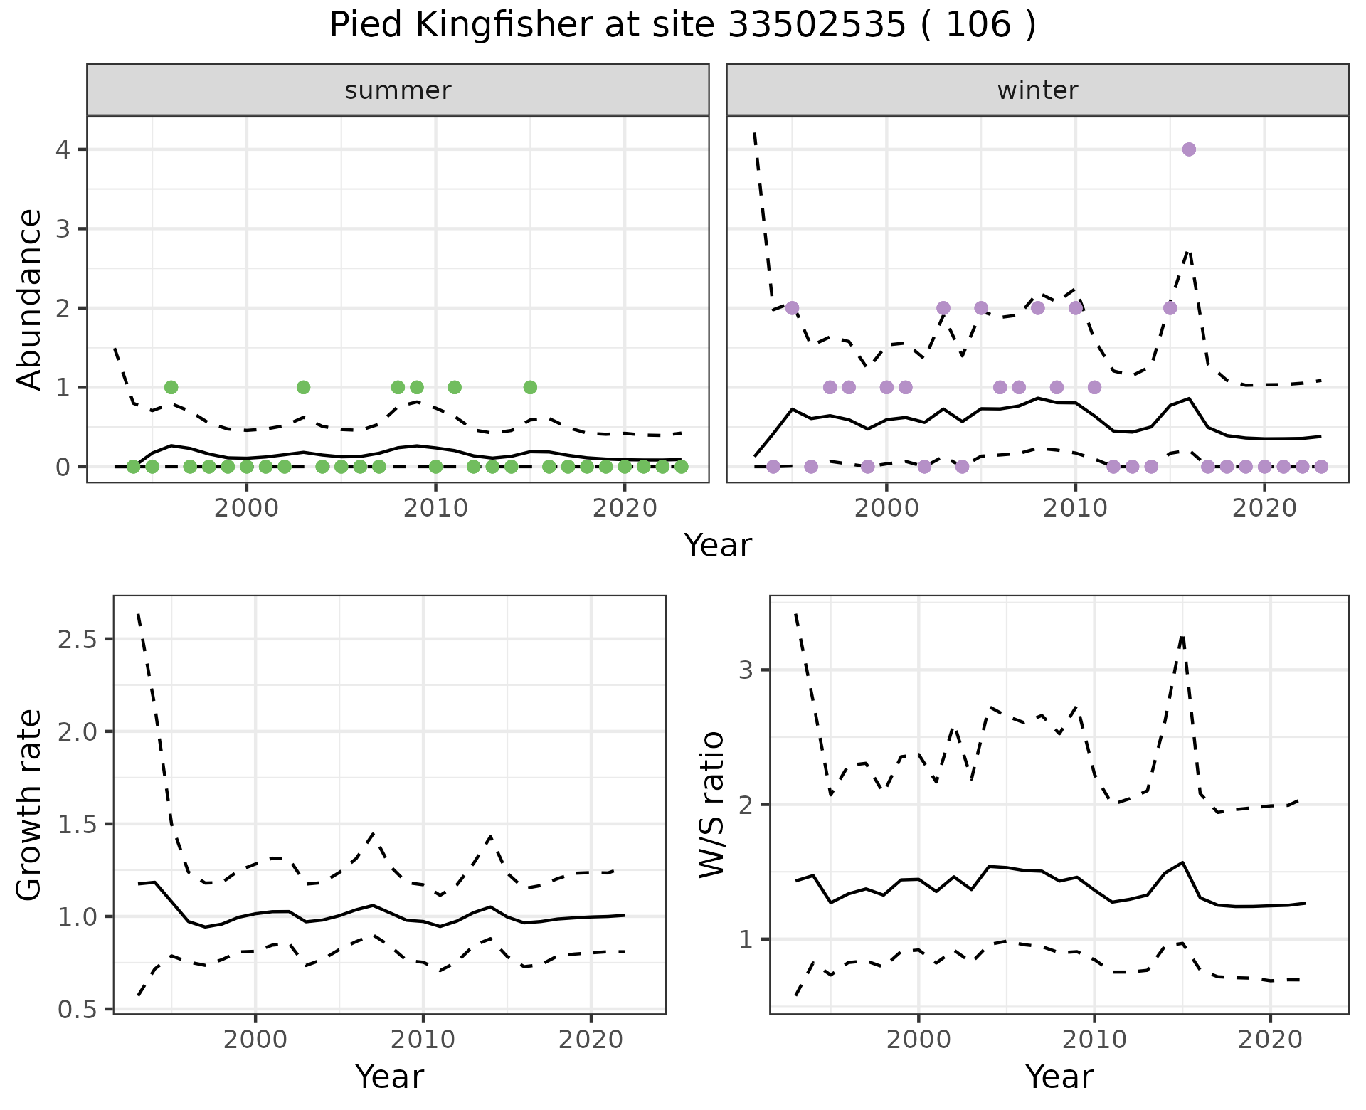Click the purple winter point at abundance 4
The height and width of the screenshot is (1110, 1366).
[x=1189, y=149]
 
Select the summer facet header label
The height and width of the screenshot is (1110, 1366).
[x=398, y=90]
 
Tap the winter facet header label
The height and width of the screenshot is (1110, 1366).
[x=1037, y=90]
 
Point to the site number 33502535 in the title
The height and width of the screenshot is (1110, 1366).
[x=817, y=26]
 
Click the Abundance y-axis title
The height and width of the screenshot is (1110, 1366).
[x=30, y=299]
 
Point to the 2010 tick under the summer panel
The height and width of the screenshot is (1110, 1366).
[x=435, y=509]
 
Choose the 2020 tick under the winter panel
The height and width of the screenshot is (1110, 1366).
[x=1264, y=509]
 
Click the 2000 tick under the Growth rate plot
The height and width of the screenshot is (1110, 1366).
[x=255, y=1040]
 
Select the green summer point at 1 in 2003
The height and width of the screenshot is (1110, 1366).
[x=303, y=387]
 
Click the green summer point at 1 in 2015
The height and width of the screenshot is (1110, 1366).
[x=530, y=387]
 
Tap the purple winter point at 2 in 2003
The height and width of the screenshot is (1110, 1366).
[x=943, y=308]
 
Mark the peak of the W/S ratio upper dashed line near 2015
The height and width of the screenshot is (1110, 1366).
[x=1182, y=635]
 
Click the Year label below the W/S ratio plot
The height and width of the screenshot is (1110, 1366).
[x=1059, y=1077]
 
